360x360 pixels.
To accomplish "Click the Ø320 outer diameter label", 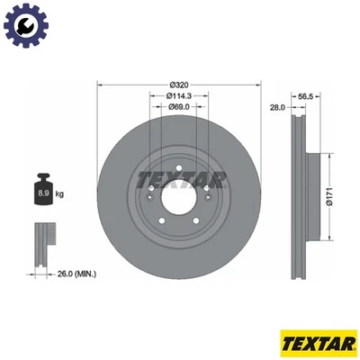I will click(177, 84).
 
